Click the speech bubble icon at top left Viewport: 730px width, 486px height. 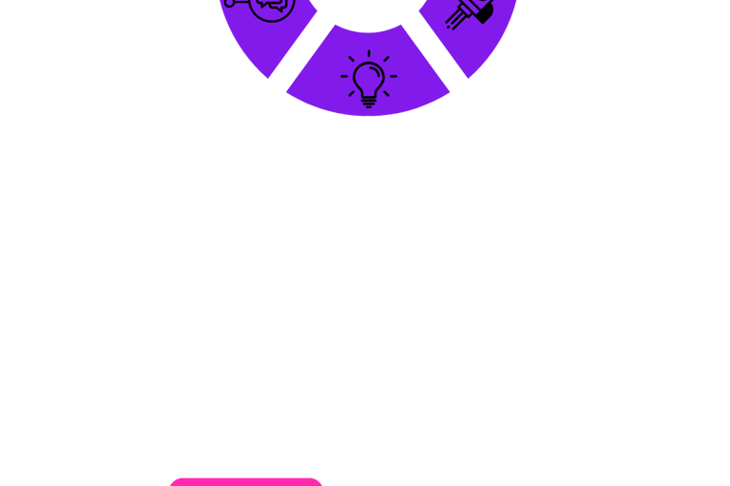[259, 8]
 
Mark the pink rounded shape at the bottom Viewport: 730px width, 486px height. [247, 482]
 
